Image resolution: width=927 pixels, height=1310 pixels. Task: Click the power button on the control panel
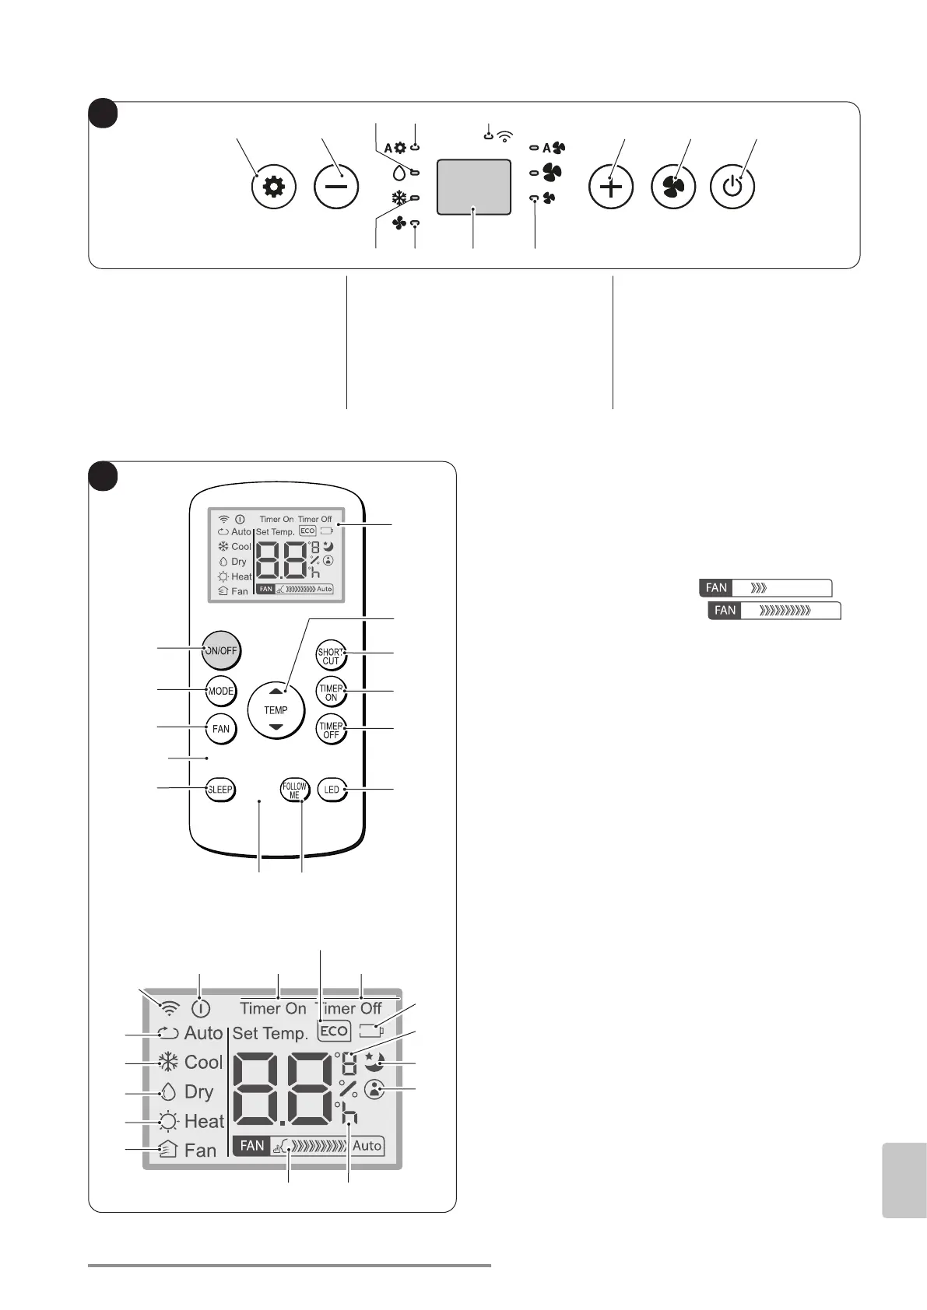pyautogui.click(x=732, y=187)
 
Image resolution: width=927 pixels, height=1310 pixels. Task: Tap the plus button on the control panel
pyautogui.click(x=611, y=187)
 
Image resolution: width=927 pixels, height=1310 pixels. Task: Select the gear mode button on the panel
pyautogui.click(x=274, y=187)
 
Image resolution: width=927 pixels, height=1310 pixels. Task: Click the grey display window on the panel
pyautogui.click(x=474, y=187)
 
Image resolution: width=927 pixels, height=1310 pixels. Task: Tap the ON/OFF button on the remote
pyautogui.click(x=221, y=650)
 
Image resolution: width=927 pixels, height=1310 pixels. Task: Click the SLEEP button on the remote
pyautogui.click(x=220, y=790)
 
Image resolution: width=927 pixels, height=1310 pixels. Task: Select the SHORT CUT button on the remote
pyautogui.click(x=331, y=656)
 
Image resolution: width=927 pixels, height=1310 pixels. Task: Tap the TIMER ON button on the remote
pyautogui.click(x=331, y=692)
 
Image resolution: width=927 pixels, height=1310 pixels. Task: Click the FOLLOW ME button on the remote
pyautogui.click(x=294, y=790)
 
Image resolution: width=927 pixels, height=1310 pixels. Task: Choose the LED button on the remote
pyautogui.click(x=332, y=790)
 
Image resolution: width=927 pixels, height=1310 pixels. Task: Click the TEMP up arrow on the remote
pyautogui.click(x=276, y=691)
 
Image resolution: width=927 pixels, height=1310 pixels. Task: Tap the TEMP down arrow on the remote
pyautogui.click(x=276, y=727)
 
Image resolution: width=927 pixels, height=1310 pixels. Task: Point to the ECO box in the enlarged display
pyautogui.click(x=334, y=1031)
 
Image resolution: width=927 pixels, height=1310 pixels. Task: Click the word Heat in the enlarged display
pyautogui.click(x=204, y=1121)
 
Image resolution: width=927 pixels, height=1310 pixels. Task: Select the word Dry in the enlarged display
pyautogui.click(x=198, y=1091)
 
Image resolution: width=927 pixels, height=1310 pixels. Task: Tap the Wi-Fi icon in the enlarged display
pyautogui.click(x=169, y=1008)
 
